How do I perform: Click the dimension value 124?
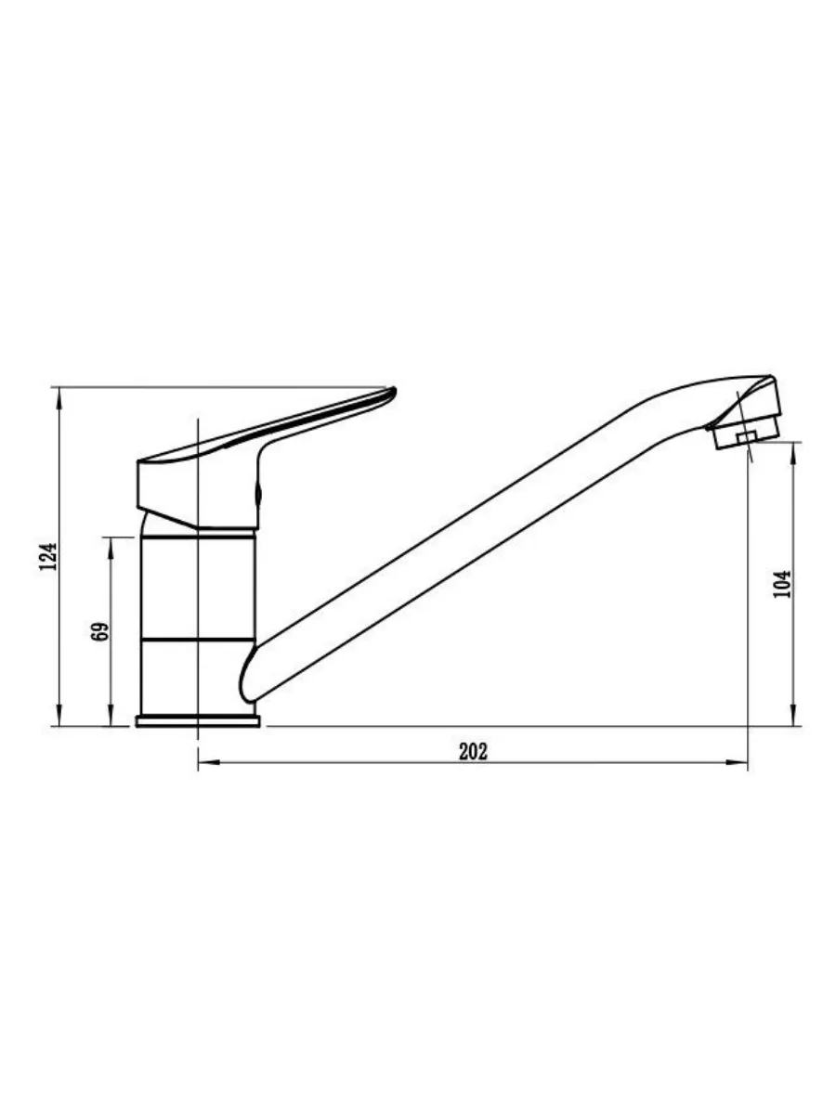(48, 557)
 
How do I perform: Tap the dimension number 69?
(100, 631)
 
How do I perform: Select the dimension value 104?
(782, 584)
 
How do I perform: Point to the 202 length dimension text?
(473, 752)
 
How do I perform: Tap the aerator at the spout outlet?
(746, 437)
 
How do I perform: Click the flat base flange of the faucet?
(198, 721)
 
